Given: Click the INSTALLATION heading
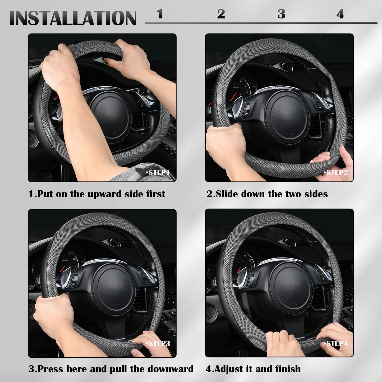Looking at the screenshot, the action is (x=73, y=18).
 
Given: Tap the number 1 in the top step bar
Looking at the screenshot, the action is (x=160, y=14).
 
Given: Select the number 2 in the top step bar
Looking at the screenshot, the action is (x=221, y=14).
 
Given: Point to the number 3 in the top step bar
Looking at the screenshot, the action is (x=282, y=14).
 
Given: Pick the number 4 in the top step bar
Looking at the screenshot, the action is (x=340, y=14).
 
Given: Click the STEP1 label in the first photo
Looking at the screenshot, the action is (x=158, y=173).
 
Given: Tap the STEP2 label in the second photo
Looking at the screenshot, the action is (x=336, y=172).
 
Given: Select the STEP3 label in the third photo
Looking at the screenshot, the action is (x=158, y=344).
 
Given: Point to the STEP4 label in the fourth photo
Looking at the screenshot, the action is (x=336, y=344).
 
